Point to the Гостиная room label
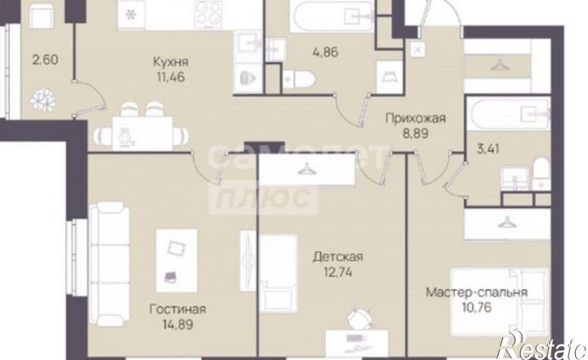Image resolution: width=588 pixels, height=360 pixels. point(177,309)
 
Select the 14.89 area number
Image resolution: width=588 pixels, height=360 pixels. point(177,326)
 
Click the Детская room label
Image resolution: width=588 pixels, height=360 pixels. point(337,258)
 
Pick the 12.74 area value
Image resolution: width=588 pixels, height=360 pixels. point(337,275)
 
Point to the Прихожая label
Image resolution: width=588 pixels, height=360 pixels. point(415,117)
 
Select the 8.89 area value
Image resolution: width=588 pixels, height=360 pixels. point(415,133)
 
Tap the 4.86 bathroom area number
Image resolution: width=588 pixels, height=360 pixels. point(327,57)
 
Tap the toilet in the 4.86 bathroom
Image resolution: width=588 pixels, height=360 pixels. point(303,79)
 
